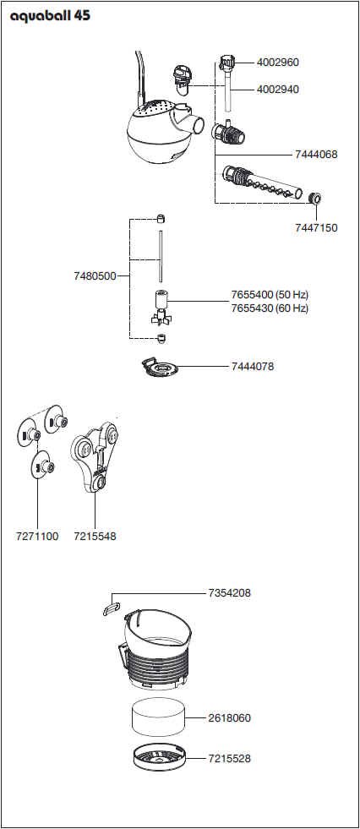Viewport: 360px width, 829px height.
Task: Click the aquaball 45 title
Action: point(50,16)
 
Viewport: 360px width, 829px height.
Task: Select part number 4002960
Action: point(277,63)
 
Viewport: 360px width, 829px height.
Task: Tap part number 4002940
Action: point(277,90)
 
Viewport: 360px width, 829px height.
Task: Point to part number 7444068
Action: point(315,155)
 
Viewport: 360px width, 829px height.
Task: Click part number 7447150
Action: point(316,228)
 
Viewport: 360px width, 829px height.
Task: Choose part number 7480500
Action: point(95,276)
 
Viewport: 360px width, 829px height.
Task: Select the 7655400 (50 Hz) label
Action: point(270,295)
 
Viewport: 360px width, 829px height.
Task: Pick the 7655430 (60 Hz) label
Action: point(270,308)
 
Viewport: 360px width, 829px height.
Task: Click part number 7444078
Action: point(253,367)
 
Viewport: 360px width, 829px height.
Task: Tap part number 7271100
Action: point(37,537)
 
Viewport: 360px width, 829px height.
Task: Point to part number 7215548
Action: point(95,537)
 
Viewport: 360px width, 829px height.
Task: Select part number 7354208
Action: point(229,593)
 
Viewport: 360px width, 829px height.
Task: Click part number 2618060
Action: point(229,718)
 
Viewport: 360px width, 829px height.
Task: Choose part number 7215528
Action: point(229,759)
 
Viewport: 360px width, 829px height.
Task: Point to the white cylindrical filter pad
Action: point(158,719)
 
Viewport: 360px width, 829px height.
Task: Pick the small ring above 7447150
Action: point(315,199)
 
